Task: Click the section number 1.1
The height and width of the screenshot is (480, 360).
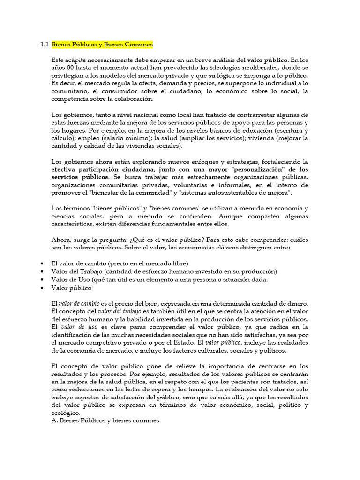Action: click(x=45, y=45)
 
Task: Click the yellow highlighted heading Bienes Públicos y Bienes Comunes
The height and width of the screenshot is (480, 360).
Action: click(x=102, y=45)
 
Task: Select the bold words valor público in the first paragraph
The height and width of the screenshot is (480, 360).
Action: click(x=268, y=60)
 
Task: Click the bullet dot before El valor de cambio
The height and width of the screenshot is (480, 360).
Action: click(x=43, y=263)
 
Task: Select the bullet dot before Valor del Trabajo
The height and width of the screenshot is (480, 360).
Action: click(x=43, y=271)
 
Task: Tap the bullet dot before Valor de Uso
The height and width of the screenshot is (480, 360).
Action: click(x=43, y=279)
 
